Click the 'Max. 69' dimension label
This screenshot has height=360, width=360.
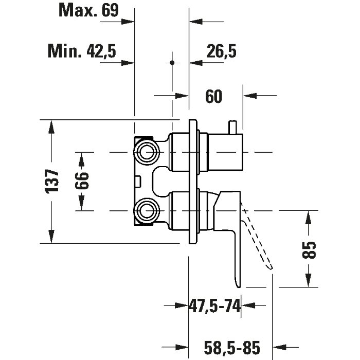pyautogui.click(x=88, y=10)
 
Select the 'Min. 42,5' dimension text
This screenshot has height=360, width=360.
pyautogui.click(x=82, y=50)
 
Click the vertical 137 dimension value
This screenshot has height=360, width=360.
pyautogui.click(x=52, y=181)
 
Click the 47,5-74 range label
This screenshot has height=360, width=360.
pyautogui.click(x=215, y=307)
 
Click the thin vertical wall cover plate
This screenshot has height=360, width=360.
pyautogui.click(x=192, y=181)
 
